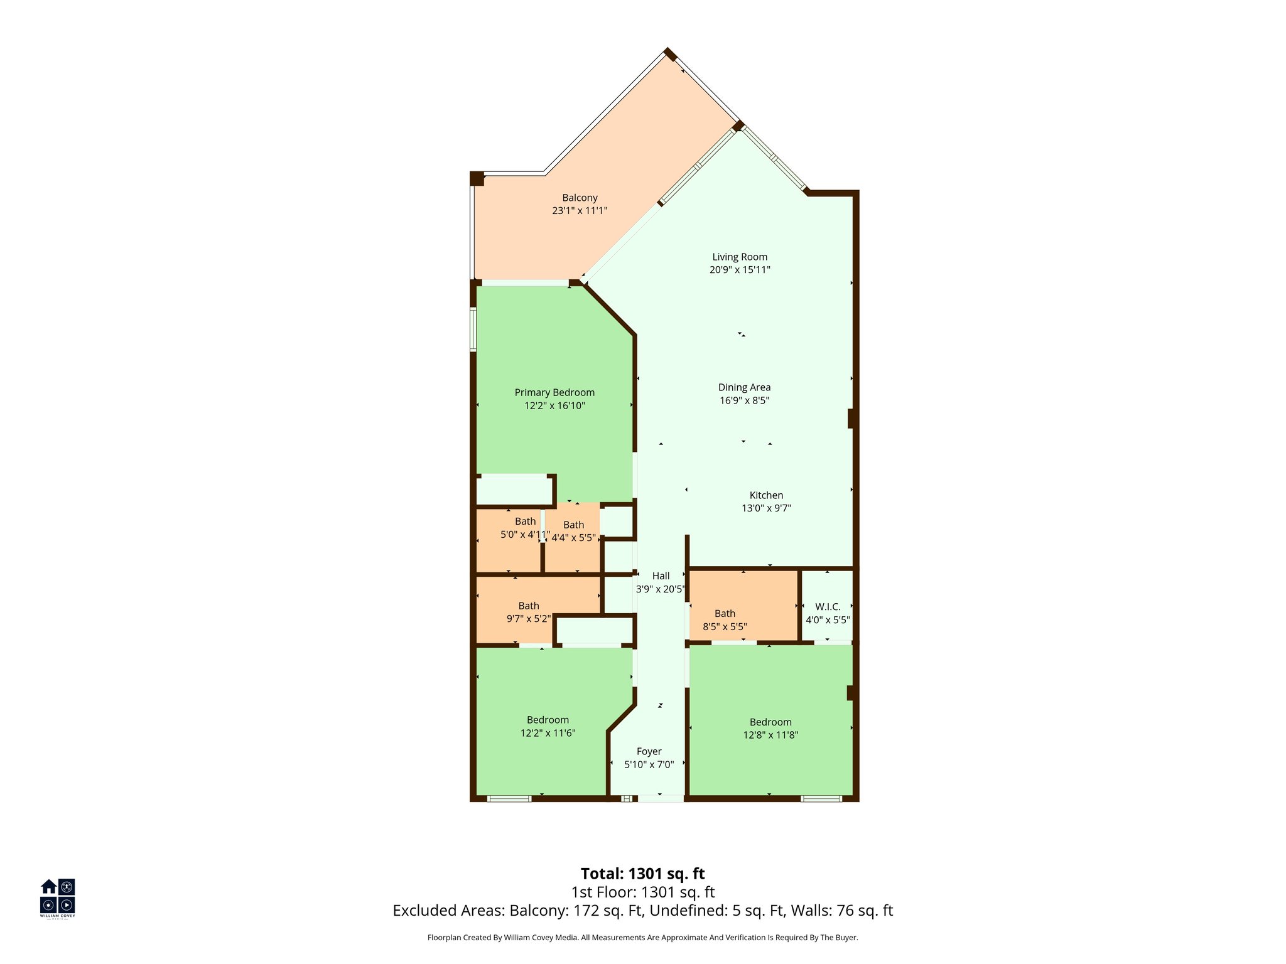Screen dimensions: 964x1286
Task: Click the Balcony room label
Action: point(580,198)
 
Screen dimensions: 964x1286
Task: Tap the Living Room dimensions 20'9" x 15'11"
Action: point(740,270)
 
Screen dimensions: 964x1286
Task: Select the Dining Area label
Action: point(744,387)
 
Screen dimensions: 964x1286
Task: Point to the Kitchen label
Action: point(766,495)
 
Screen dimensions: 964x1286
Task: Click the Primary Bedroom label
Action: point(554,392)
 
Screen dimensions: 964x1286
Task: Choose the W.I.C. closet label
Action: point(828,607)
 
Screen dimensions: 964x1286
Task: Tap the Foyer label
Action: point(649,751)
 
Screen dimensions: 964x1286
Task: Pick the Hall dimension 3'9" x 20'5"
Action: point(661,589)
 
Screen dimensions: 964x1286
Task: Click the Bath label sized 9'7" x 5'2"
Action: point(529,606)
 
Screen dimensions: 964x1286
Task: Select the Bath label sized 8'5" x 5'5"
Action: point(725,613)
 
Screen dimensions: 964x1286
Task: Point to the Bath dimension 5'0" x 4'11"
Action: point(525,535)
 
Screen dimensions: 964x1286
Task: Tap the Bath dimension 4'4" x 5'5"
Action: point(573,538)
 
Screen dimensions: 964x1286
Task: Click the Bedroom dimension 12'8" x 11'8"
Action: point(770,735)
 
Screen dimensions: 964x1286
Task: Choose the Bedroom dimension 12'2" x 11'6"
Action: point(548,733)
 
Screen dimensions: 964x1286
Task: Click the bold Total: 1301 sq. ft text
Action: point(642,874)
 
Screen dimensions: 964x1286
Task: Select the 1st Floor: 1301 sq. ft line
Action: point(642,892)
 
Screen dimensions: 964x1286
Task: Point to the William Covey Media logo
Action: point(58,897)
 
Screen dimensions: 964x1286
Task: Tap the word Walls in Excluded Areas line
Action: point(808,911)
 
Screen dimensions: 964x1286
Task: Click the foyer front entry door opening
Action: point(661,798)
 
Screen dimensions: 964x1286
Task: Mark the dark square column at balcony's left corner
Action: point(477,178)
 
